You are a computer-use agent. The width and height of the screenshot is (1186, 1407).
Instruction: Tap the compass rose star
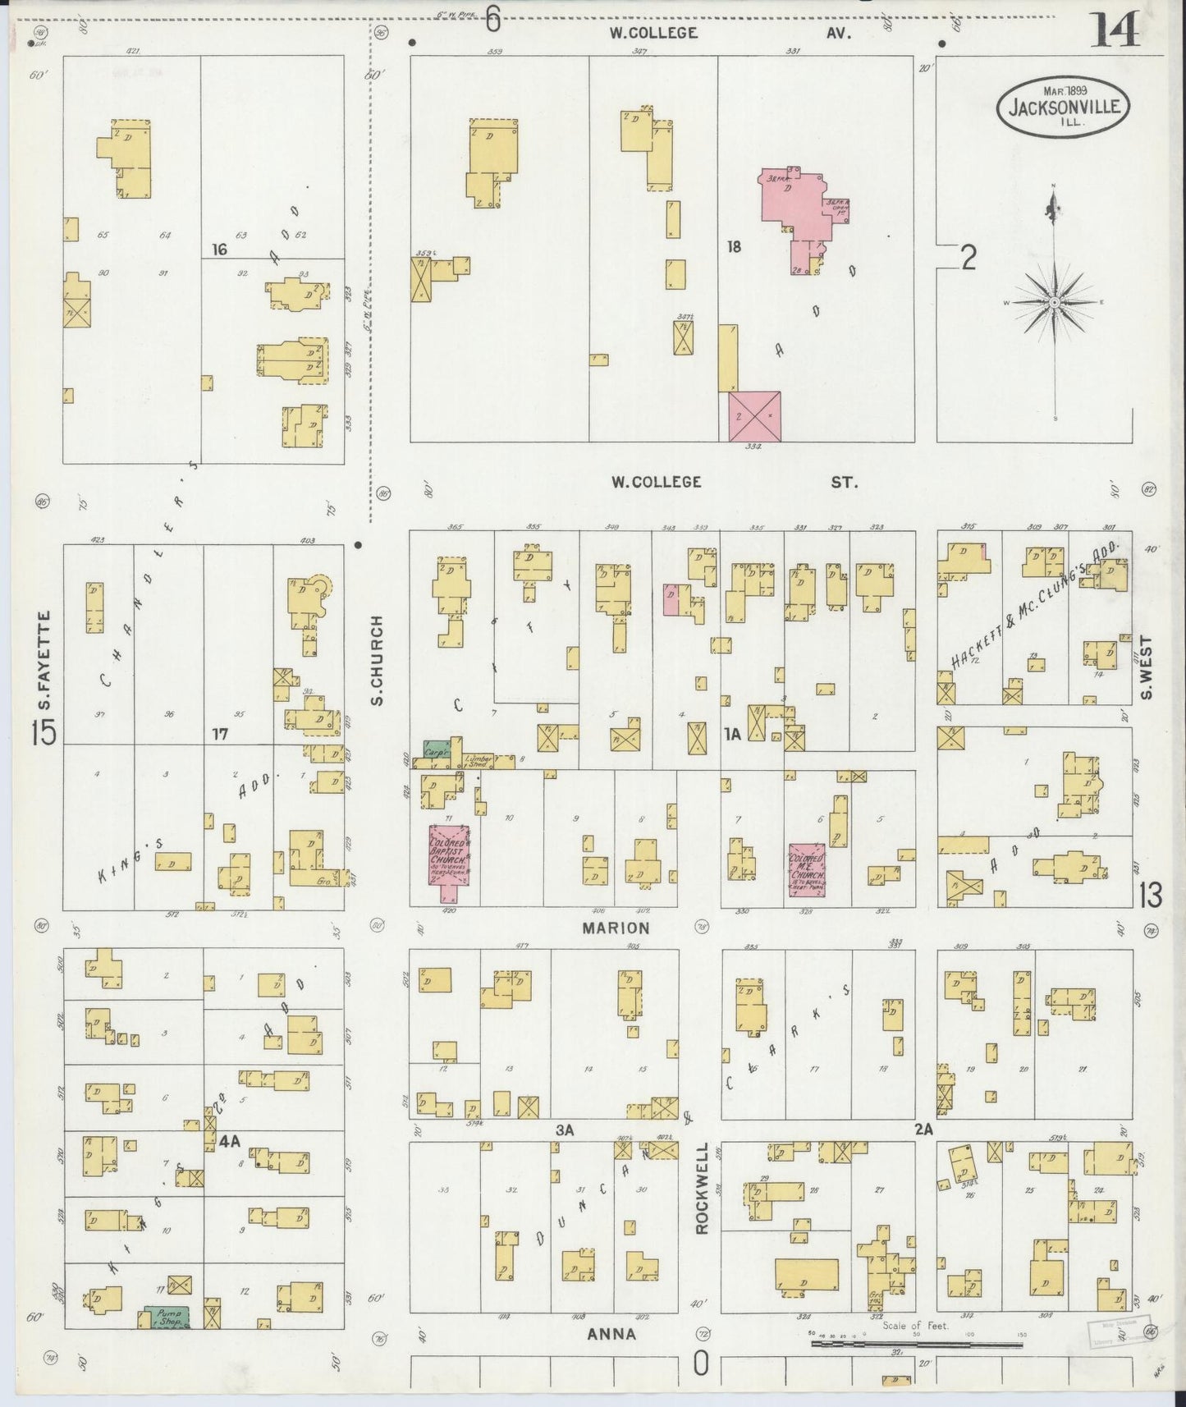click(x=1055, y=302)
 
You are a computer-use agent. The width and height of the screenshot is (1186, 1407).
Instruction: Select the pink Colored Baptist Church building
click(x=448, y=855)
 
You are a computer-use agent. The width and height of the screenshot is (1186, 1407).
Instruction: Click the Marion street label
click(x=616, y=928)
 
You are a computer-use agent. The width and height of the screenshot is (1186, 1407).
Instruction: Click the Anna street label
click(x=611, y=1334)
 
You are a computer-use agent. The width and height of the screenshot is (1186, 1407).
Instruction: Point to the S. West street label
click(x=1147, y=668)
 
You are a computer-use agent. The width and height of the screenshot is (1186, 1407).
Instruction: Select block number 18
click(x=733, y=245)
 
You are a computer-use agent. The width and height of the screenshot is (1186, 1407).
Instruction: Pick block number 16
click(x=218, y=250)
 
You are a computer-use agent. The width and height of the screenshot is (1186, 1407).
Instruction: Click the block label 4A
click(x=230, y=1141)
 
